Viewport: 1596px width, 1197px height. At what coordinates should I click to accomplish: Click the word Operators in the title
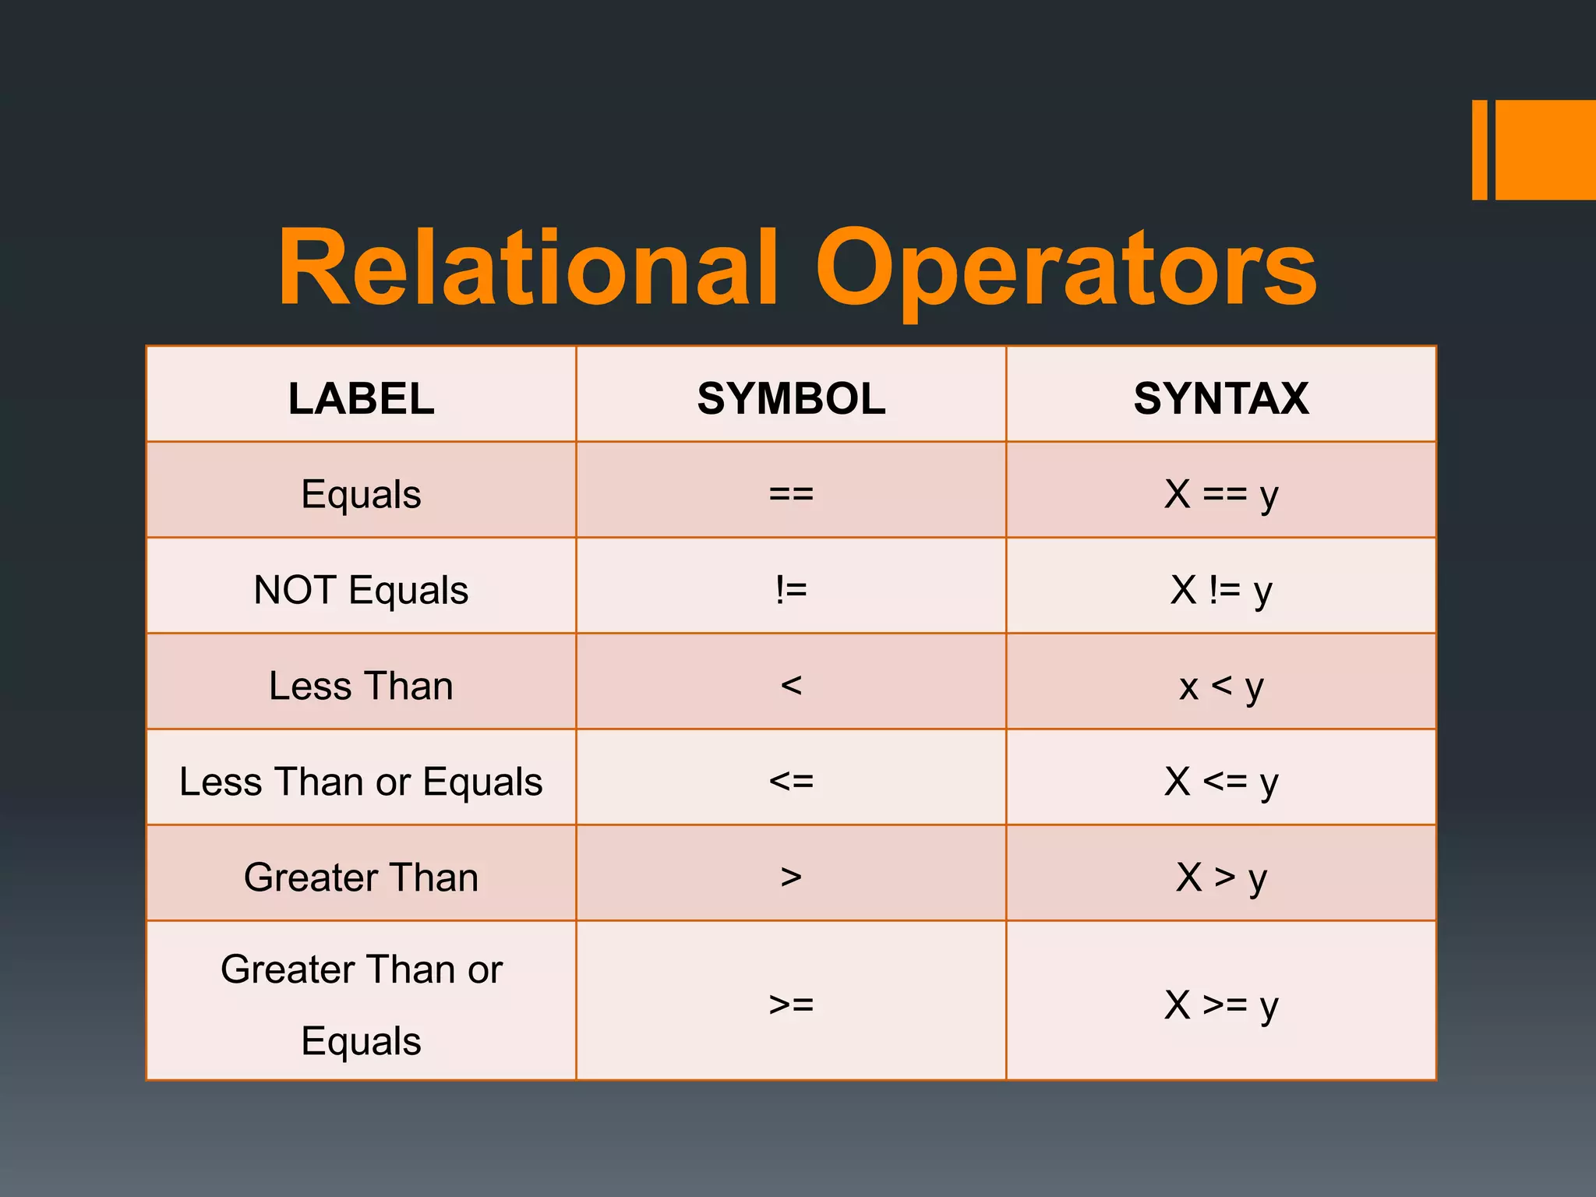(1066, 269)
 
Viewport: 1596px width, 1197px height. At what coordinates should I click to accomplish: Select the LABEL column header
(361, 398)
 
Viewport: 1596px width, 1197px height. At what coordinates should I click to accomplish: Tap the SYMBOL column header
(791, 398)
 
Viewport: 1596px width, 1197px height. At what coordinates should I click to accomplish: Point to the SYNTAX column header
(1221, 398)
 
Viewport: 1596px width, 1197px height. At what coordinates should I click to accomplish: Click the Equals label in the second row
(361, 494)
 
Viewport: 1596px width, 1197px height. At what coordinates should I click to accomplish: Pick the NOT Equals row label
(361, 590)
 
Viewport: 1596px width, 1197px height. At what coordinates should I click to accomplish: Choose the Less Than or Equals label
(361, 782)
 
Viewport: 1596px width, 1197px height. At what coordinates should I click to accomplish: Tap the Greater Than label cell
(361, 877)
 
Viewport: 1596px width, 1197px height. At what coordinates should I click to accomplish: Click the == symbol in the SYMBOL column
(791, 494)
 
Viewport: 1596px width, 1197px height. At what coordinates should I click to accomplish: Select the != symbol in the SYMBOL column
(791, 590)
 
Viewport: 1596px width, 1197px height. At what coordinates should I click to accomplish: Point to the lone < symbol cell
(791, 686)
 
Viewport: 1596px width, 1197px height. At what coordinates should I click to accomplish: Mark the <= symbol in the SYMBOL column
(791, 782)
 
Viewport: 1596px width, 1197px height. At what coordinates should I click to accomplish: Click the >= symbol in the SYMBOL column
(791, 1005)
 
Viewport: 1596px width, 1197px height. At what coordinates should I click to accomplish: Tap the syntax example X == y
(1221, 494)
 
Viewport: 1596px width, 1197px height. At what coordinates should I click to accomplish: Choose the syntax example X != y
(1221, 590)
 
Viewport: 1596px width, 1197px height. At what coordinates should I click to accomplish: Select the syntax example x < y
(1221, 687)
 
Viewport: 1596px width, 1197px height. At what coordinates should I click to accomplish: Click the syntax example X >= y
(1221, 1005)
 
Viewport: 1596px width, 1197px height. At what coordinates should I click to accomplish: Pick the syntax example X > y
(1221, 877)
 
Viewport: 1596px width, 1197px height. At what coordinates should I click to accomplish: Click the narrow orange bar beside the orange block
(1479, 150)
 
